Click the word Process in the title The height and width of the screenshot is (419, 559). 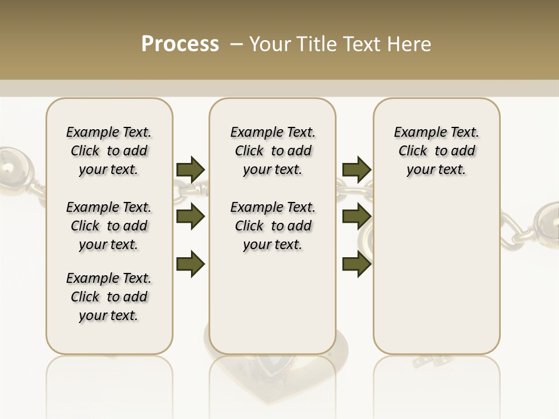pos(180,44)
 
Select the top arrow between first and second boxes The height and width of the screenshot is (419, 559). pos(190,169)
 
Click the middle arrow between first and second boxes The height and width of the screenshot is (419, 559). pos(190,216)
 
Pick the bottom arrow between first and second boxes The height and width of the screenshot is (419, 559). pos(190,264)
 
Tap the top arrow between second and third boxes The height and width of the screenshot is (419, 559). pos(357,169)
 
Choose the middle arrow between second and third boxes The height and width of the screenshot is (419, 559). pos(357,216)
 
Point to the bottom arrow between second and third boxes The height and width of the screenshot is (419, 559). pos(357,264)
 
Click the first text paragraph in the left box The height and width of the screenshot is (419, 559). pos(109,151)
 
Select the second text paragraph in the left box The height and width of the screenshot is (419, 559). pos(109,226)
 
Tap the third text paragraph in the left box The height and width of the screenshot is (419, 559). pos(109,297)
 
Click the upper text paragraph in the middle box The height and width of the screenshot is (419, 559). pos(273,151)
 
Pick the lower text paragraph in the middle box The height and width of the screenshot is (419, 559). pos(273,226)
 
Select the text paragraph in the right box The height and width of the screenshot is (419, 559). pos(436,151)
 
